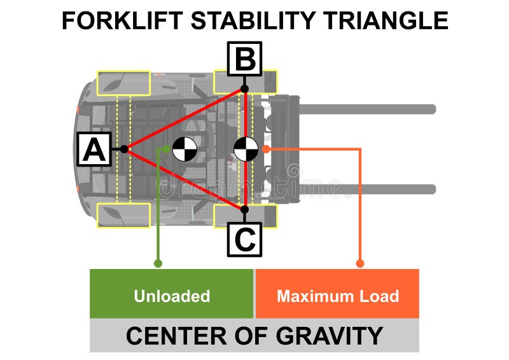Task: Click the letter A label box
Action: click(x=94, y=149)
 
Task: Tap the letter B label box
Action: click(x=244, y=59)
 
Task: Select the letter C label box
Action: click(x=244, y=240)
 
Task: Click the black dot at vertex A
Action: click(x=124, y=149)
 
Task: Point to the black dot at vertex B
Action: click(x=245, y=88)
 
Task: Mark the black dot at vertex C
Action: click(x=245, y=209)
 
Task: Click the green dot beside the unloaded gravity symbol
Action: click(x=166, y=149)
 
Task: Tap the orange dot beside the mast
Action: click(x=266, y=149)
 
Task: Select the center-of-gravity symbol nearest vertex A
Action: click(x=185, y=149)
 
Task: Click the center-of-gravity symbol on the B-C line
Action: click(x=246, y=149)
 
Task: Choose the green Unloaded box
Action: click(x=171, y=293)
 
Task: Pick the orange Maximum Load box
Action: click(x=337, y=293)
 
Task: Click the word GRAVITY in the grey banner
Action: click(x=330, y=336)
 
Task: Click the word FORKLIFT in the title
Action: click(x=122, y=20)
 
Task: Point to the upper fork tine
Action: click(x=367, y=109)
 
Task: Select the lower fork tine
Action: click(x=367, y=190)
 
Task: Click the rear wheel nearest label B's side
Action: click(x=123, y=83)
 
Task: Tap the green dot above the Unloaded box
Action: click(x=158, y=263)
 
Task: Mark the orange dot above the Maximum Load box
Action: click(x=360, y=263)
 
